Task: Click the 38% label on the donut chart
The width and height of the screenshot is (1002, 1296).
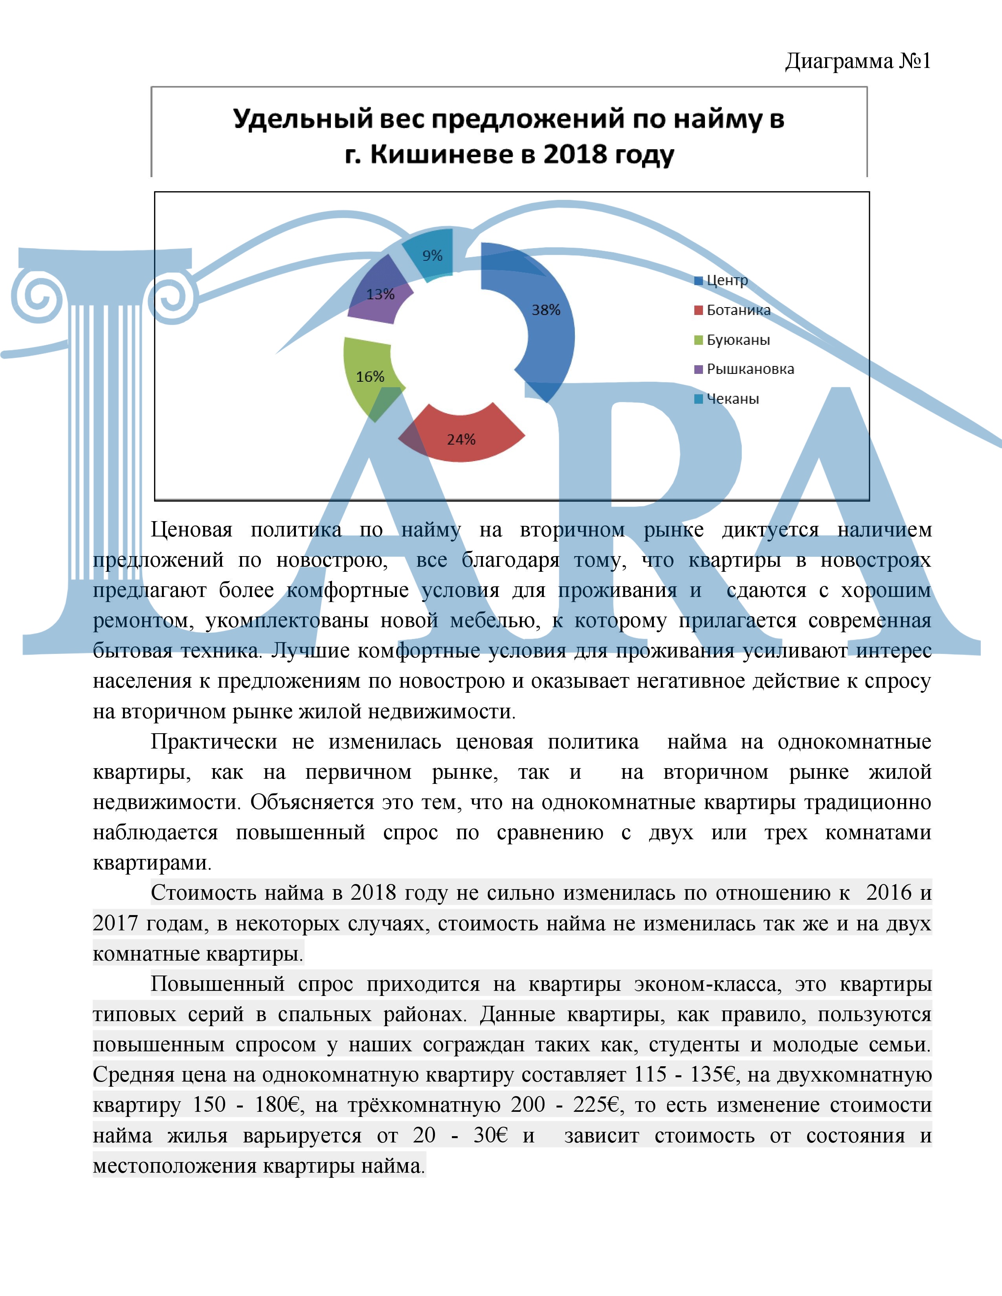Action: tap(545, 310)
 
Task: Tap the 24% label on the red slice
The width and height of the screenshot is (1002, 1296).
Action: tap(461, 440)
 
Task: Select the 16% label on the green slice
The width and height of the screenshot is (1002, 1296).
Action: tap(370, 377)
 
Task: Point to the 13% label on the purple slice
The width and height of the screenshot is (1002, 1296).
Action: tap(380, 294)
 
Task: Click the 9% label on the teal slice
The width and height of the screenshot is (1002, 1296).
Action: tap(432, 256)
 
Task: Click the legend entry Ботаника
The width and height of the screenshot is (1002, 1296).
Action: tap(738, 310)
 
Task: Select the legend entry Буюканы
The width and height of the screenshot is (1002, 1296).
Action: tap(738, 340)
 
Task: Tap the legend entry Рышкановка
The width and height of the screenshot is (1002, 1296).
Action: tap(750, 369)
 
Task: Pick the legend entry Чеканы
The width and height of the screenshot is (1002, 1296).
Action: tap(732, 399)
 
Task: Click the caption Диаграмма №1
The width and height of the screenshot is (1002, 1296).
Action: tap(858, 61)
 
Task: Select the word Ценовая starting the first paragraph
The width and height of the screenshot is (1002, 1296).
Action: tap(191, 529)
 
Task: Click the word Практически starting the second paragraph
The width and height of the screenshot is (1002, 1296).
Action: tap(214, 742)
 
